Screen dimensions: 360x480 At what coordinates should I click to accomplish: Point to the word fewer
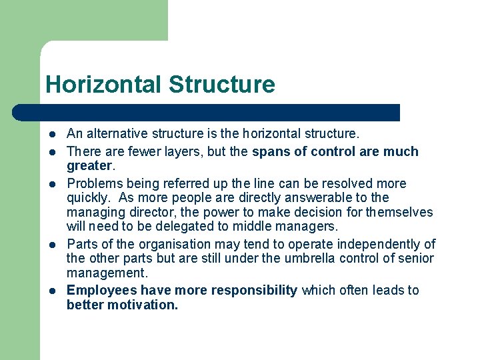click(133, 151)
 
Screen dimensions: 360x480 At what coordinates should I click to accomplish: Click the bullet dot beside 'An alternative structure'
click(52, 135)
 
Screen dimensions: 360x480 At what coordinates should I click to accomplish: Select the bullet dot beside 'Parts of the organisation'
click(52, 245)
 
